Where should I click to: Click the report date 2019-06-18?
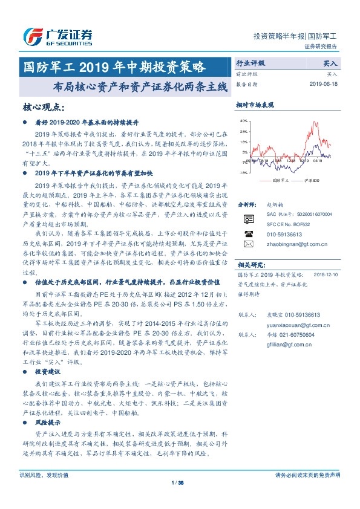(326, 85)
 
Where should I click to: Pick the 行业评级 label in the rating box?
(250, 62)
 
